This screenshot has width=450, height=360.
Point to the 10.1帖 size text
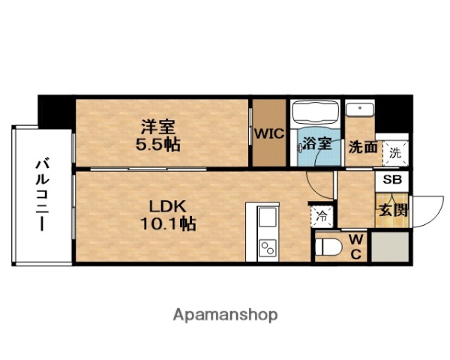tap(166, 223)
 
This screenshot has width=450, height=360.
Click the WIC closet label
tap(267, 134)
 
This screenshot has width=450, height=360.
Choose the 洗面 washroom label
tap(363, 147)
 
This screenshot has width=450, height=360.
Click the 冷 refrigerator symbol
tap(321, 217)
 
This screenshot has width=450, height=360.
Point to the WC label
tap(356, 247)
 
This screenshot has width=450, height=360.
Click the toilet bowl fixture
tap(328, 246)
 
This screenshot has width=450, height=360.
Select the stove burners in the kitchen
tap(268, 247)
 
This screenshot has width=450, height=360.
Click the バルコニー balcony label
tap(41, 193)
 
